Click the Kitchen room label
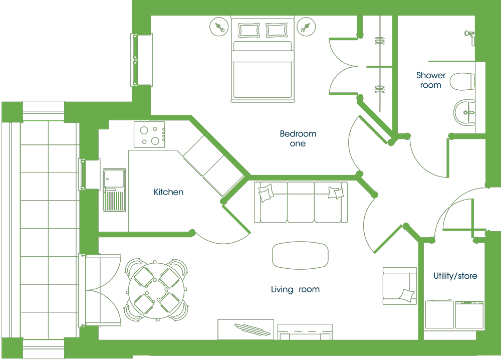[x=168, y=192]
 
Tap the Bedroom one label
[x=298, y=138]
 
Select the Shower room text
[x=431, y=80]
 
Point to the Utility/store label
[x=455, y=276]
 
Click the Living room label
[x=295, y=289]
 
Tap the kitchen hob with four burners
[x=149, y=134]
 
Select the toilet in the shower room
[x=462, y=82]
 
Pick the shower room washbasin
[x=464, y=112]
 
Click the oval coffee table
[x=300, y=255]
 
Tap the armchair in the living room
[x=400, y=286]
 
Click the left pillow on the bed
[x=248, y=30]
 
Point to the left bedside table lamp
[x=219, y=27]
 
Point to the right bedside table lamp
[x=306, y=27]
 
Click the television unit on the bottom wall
[x=245, y=329]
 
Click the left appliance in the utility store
[x=439, y=314]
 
